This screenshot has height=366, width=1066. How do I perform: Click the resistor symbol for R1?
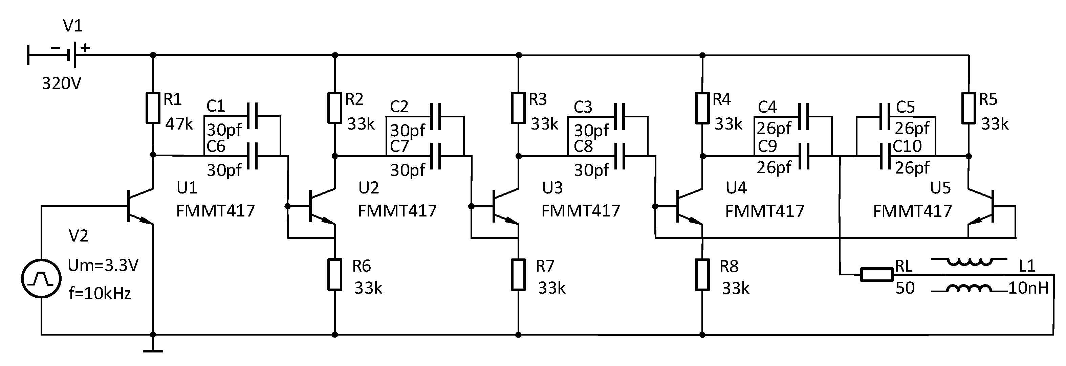tap(153, 108)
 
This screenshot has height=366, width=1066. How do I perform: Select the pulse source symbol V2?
tap(41, 279)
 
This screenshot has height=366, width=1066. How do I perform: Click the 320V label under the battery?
tap(62, 84)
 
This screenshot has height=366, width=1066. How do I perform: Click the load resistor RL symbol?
tap(876, 275)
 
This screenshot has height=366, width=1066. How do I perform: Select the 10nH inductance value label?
tap(1028, 288)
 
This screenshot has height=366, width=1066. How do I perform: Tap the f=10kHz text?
tap(100, 294)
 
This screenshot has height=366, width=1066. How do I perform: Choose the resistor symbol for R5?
tap(969, 108)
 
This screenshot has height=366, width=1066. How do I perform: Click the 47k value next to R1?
tap(179, 124)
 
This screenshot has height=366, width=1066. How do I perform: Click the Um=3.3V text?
tap(103, 265)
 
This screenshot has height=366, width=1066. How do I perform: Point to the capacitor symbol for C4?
tap(803, 116)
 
